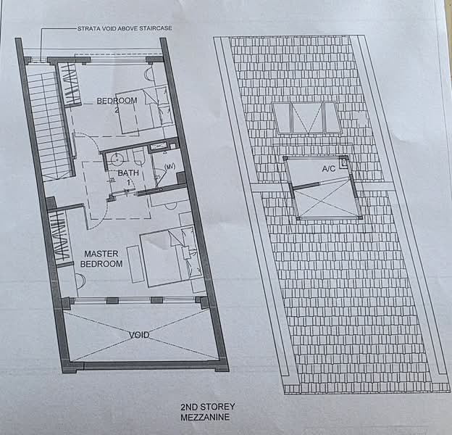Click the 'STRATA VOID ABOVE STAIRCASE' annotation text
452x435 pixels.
[124, 29]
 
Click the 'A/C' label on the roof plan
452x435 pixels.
[331, 168]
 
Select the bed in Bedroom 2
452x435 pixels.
[145, 110]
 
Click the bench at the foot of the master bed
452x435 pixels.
[135, 262]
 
